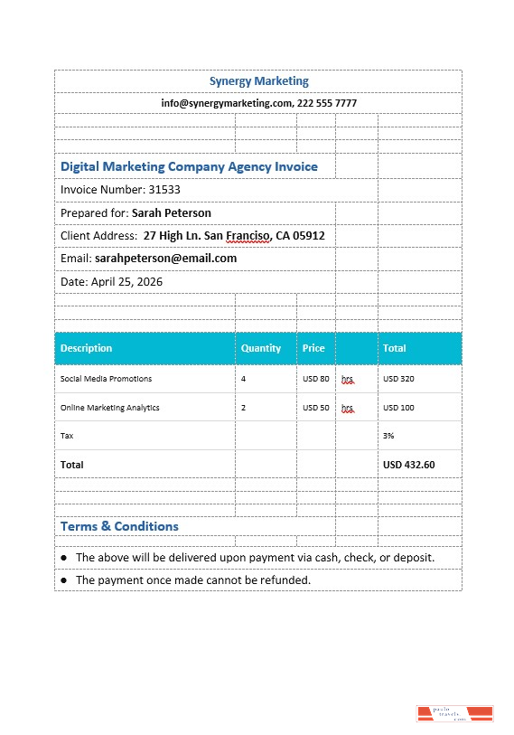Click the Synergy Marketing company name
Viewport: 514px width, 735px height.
(258, 81)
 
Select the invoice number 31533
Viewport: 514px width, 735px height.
(164, 190)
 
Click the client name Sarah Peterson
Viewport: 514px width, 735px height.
(172, 213)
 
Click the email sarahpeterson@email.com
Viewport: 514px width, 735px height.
(165, 259)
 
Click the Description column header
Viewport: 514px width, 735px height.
(87, 348)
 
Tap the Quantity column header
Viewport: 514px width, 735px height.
(261, 348)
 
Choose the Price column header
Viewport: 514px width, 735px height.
(313, 348)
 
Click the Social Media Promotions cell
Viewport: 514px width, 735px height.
(106, 379)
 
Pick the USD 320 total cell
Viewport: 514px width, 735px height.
(398, 379)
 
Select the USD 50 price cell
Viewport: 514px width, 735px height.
(316, 408)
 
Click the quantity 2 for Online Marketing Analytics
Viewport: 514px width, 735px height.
(244, 408)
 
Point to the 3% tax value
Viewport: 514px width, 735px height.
(388, 436)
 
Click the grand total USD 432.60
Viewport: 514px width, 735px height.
(409, 465)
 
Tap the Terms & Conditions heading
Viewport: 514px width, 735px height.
(119, 526)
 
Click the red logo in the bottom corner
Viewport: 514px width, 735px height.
(454, 714)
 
